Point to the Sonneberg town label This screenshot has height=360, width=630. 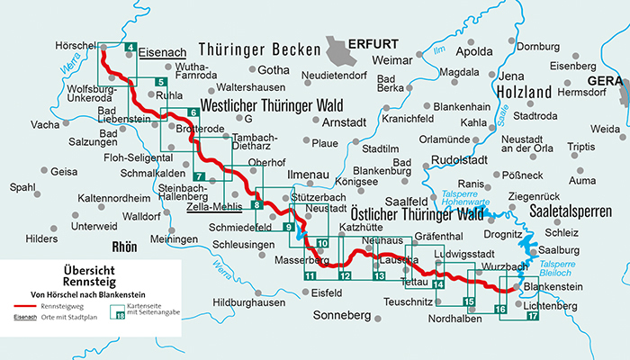pyautogui.click(x=343, y=317)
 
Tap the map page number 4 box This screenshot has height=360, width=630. pyautogui.click(x=130, y=49)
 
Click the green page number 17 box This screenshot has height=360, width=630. pyautogui.click(x=532, y=315)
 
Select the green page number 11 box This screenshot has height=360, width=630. pyautogui.click(x=310, y=274)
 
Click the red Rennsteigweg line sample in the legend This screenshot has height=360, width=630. pyautogui.click(x=23, y=308)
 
